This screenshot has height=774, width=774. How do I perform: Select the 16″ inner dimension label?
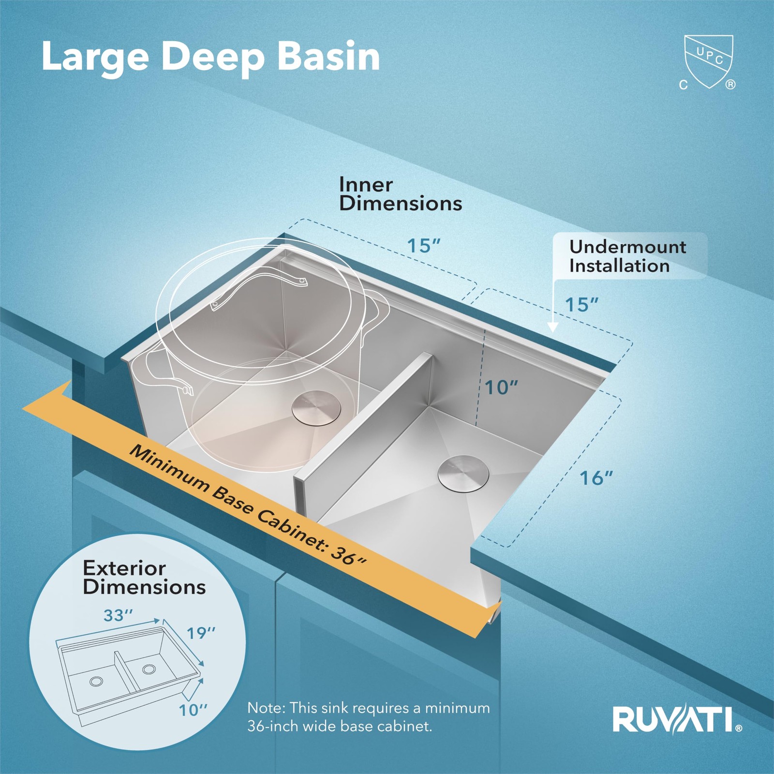(x=596, y=478)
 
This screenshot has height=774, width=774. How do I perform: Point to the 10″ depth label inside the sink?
(x=502, y=387)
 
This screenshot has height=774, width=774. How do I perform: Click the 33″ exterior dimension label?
(x=118, y=615)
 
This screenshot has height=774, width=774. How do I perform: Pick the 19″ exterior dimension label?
(x=201, y=633)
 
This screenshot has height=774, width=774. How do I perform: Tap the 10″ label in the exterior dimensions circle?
(x=193, y=710)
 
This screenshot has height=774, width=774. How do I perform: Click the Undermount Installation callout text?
(x=627, y=256)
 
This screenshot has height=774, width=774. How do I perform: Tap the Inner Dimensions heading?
(x=401, y=194)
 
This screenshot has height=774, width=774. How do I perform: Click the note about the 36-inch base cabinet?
(x=369, y=717)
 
